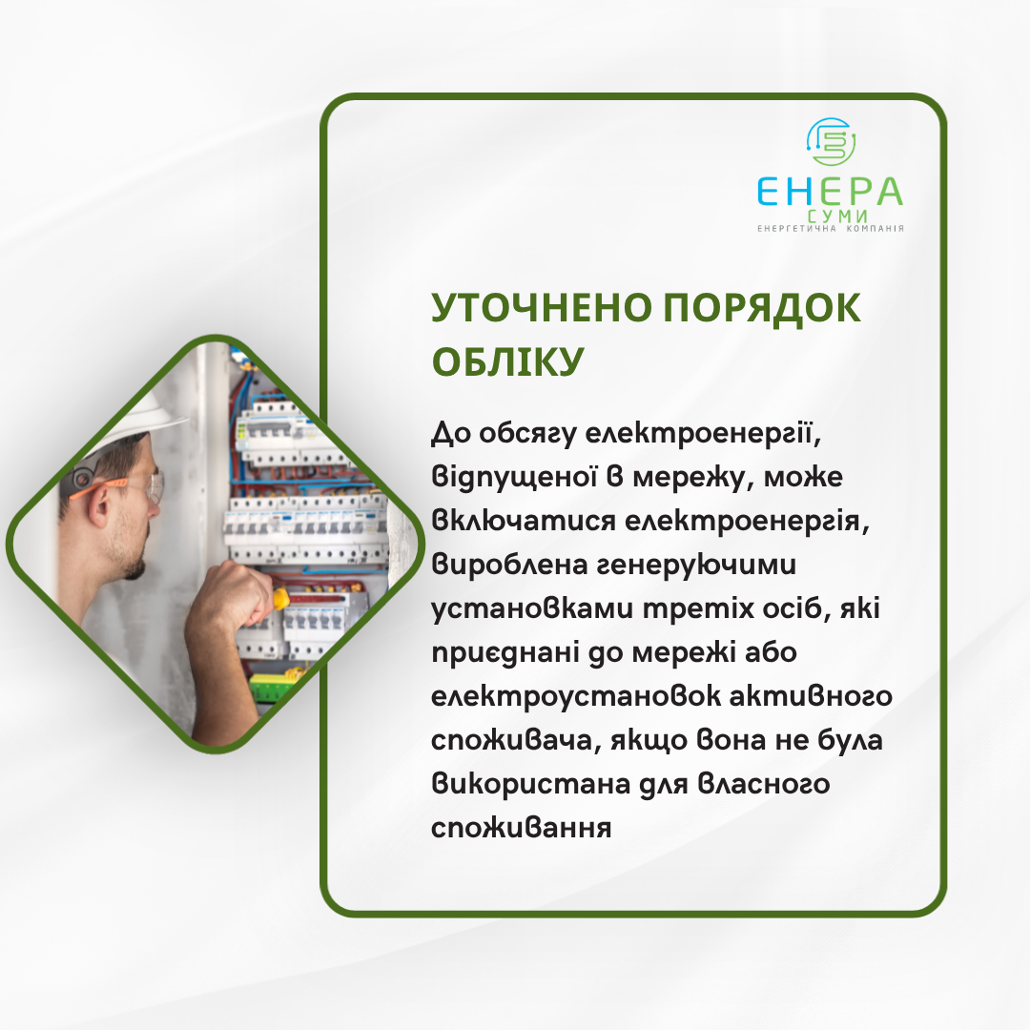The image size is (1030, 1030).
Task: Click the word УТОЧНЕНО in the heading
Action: (542, 307)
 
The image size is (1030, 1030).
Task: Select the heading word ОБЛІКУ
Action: (507, 361)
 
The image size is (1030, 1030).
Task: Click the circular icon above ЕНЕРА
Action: (831, 142)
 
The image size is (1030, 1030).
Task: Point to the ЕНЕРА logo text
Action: (831, 191)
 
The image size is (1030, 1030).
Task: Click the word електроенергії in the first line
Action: (702, 434)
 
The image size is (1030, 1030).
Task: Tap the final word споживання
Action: (521, 828)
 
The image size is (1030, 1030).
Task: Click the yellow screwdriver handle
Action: (280, 598)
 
